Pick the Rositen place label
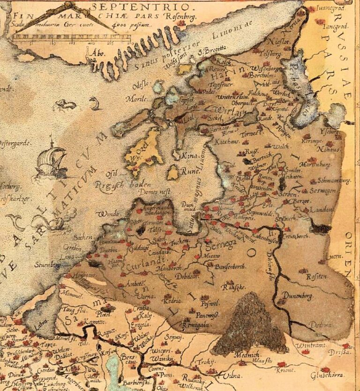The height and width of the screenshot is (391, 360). point(316,277)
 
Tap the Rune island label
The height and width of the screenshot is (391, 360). point(189,171)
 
